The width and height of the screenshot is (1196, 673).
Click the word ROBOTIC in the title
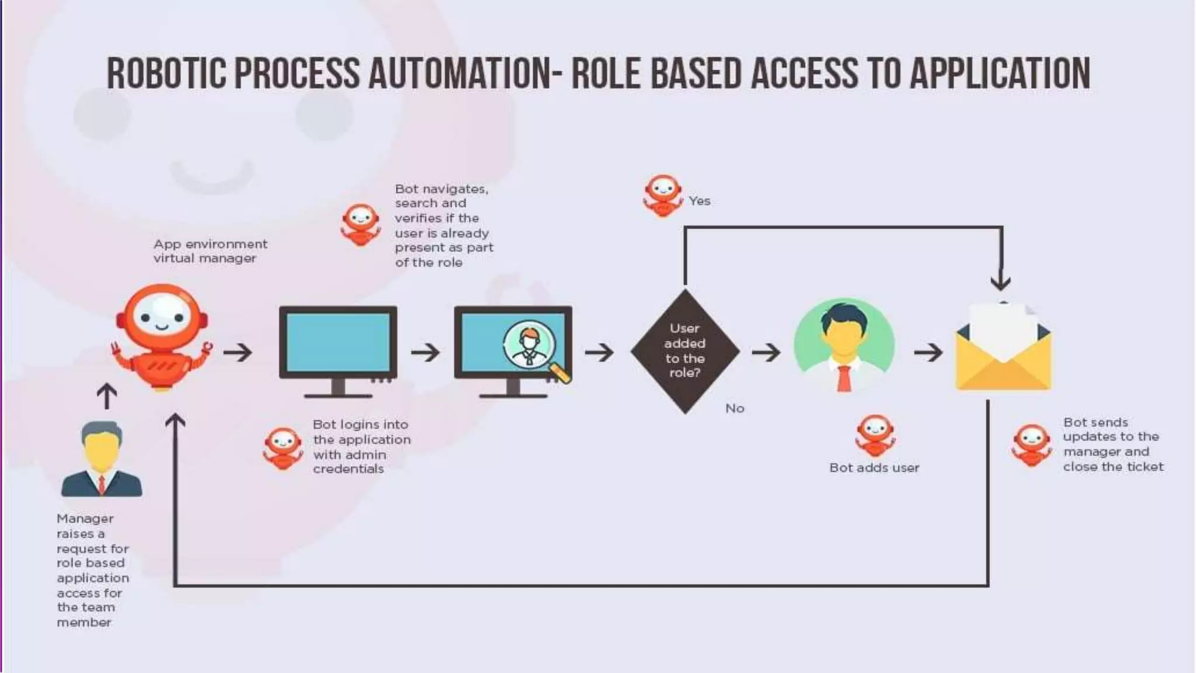tap(166, 74)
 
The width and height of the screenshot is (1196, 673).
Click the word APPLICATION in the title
tap(1000, 74)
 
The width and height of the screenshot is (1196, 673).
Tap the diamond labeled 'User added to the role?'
tap(685, 351)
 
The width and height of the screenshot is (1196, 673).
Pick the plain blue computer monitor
tap(338, 350)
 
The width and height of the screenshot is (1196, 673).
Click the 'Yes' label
tap(699, 201)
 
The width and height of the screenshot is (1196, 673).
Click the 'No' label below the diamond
tap(735, 408)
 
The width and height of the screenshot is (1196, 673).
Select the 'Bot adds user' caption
tap(874, 467)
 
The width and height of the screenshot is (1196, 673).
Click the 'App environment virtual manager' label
tap(210, 251)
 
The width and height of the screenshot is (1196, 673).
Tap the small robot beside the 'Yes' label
tap(663, 195)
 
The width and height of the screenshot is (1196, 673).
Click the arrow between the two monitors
tap(425, 352)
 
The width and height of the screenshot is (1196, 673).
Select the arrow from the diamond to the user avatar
tap(766, 352)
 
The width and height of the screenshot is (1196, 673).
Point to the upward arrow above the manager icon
tap(106, 396)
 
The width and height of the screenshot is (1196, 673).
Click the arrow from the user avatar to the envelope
tap(928, 352)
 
